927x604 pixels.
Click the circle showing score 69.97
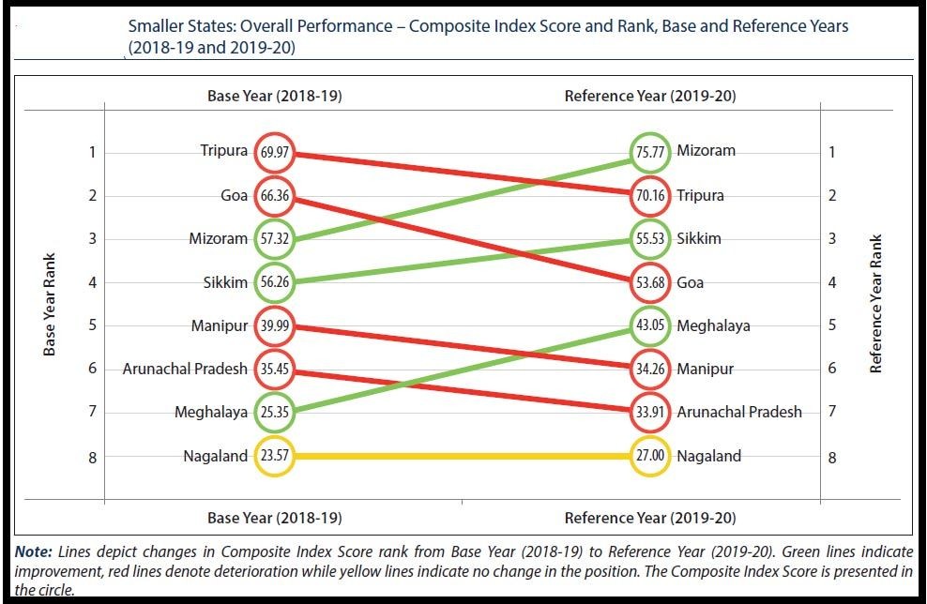tap(274, 152)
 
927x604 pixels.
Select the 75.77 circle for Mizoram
tap(649, 152)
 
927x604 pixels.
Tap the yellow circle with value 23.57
tap(274, 457)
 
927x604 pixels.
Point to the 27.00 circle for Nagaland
tap(649, 457)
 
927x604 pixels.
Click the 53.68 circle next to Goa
tap(649, 282)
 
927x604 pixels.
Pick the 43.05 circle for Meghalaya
tap(649, 325)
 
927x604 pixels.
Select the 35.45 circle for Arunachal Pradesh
tap(274, 369)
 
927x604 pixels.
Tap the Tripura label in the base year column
tap(223, 151)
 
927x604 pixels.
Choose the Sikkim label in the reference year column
tap(699, 238)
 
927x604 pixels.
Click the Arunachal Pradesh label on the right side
tap(739, 412)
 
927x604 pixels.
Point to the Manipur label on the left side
tap(220, 325)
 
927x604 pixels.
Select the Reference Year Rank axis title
tap(876, 304)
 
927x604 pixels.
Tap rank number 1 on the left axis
tap(92, 152)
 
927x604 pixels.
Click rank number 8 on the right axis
tap(832, 458)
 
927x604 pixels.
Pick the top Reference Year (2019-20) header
tap(649, 97)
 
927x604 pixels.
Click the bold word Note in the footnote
tap(33, 552)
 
